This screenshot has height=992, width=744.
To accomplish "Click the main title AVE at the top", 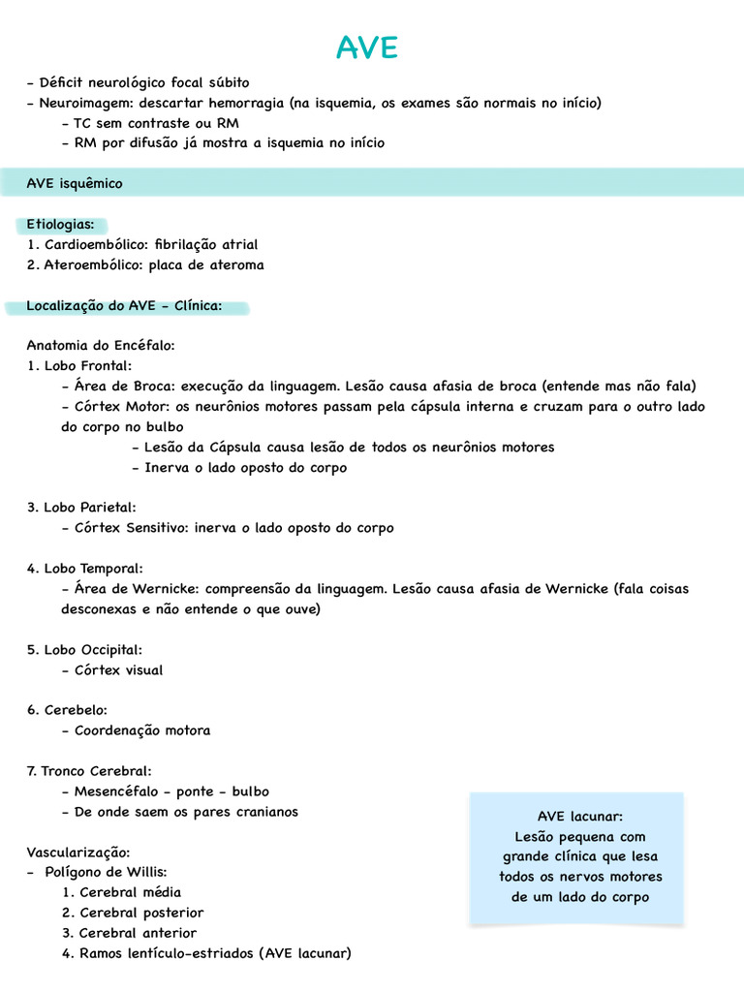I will point(367,47).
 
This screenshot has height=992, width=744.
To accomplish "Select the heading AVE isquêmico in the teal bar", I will point(75,183).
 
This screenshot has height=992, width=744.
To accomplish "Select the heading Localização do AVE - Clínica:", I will point(124,306).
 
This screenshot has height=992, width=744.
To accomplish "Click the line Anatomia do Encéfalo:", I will point(101,345).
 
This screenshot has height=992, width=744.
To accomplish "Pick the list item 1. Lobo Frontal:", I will point(79,365).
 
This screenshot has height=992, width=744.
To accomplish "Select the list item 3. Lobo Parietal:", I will point(81,507).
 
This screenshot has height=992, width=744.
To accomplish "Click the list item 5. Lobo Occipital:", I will point(84,649).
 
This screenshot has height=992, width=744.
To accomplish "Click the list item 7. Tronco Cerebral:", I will point(89,771).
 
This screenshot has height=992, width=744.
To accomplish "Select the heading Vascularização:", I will point(77,852).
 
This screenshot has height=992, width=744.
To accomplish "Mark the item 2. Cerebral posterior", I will point(133,913).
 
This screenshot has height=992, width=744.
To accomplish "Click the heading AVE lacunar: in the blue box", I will point(579,816).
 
